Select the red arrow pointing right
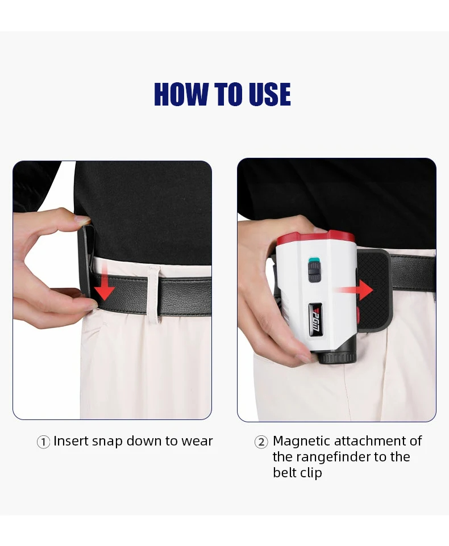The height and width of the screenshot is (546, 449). click(x=355, y=289)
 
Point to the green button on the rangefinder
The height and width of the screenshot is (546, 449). click(x=314, y=260)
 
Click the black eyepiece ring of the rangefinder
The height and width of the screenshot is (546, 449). click(x=337, y=357)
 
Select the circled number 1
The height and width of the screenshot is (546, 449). click(x=43, y=442)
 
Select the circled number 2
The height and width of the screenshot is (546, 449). click(x=261, y=442)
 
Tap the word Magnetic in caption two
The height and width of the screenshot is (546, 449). click(x=302, y=442)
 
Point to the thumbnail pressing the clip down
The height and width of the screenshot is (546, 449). click(x=82, y=220)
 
